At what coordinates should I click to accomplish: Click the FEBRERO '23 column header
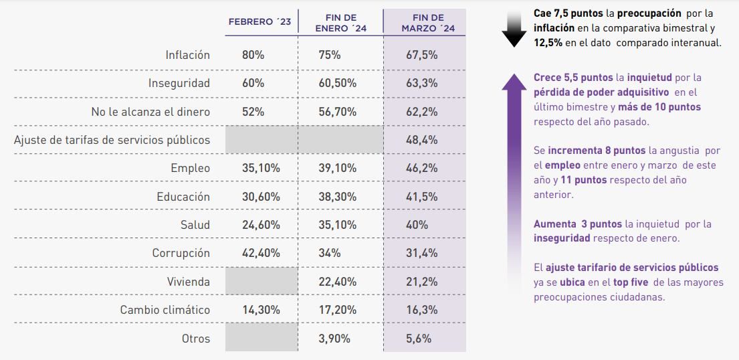click(x=260, y=22)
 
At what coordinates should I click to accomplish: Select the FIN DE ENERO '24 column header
click(x=340, y=22)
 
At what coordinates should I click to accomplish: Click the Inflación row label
click(x=187, y=55)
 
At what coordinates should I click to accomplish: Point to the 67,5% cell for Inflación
click(x=422, y=55)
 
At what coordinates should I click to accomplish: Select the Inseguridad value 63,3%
click(x=422, y=83)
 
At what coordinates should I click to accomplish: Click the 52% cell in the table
click(x=253, y=112)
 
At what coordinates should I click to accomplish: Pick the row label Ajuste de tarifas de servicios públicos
click(x=112, y=140)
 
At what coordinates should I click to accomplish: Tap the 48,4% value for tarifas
click(x=422, y=140)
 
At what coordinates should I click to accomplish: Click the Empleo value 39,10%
click(x=338, y=168)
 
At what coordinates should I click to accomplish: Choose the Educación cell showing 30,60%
click(x=261, y=197)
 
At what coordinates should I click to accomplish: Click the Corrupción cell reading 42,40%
click(x=261, y=253)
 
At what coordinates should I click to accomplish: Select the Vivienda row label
click(x=188, y=282)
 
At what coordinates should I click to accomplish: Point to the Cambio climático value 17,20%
click(x=338, y=310)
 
